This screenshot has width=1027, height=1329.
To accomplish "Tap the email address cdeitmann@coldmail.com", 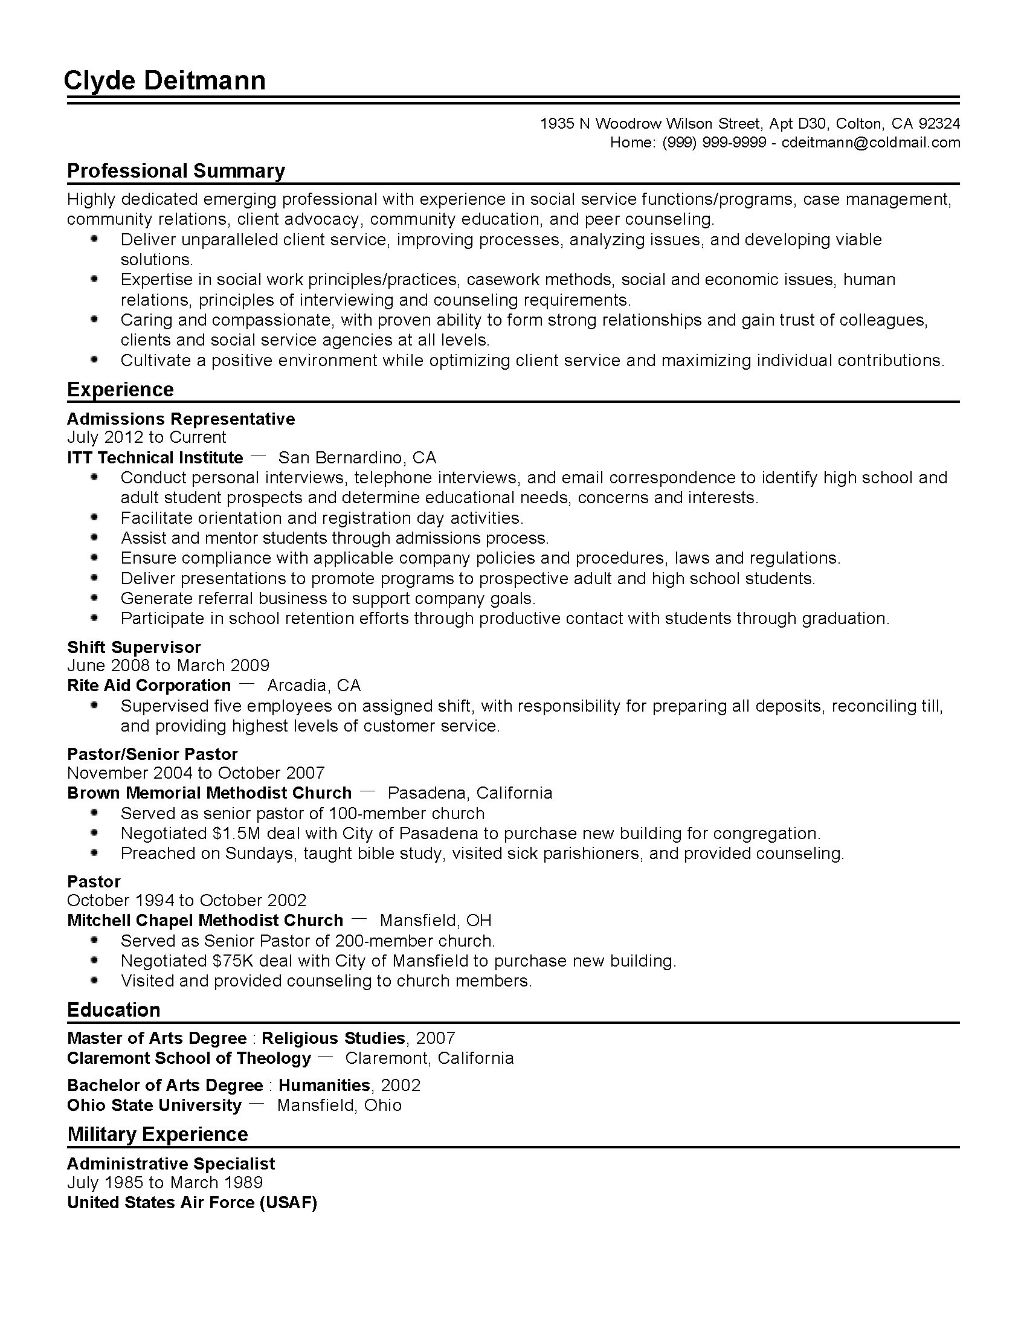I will click(x=871, y=143).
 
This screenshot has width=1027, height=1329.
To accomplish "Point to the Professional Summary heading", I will click(x=176, y=171).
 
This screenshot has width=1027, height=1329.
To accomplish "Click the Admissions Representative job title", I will click(x=181, y=419).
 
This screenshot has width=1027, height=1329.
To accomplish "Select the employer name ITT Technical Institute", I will click(x=155, y=458).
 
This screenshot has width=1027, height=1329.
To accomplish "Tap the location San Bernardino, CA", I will click(x=357, y=458).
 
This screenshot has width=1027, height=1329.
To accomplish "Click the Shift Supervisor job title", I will click(x=134, y=647).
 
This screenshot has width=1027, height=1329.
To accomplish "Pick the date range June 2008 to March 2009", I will click(x=168, y=666).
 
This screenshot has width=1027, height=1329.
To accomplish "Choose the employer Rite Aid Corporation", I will click(x=149, y=686).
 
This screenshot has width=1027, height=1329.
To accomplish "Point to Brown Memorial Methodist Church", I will click(x=209, y=793).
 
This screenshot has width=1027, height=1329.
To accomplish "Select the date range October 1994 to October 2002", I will click(x=187, y=900).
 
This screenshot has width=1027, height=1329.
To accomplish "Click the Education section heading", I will click(x=114, y=1010).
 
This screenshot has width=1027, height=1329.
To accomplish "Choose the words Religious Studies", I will click(x=333, y=1037).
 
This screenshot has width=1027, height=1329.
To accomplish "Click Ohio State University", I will click(x=154, y=1105).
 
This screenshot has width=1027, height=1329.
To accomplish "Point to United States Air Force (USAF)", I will click(x=192, y=1202).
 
